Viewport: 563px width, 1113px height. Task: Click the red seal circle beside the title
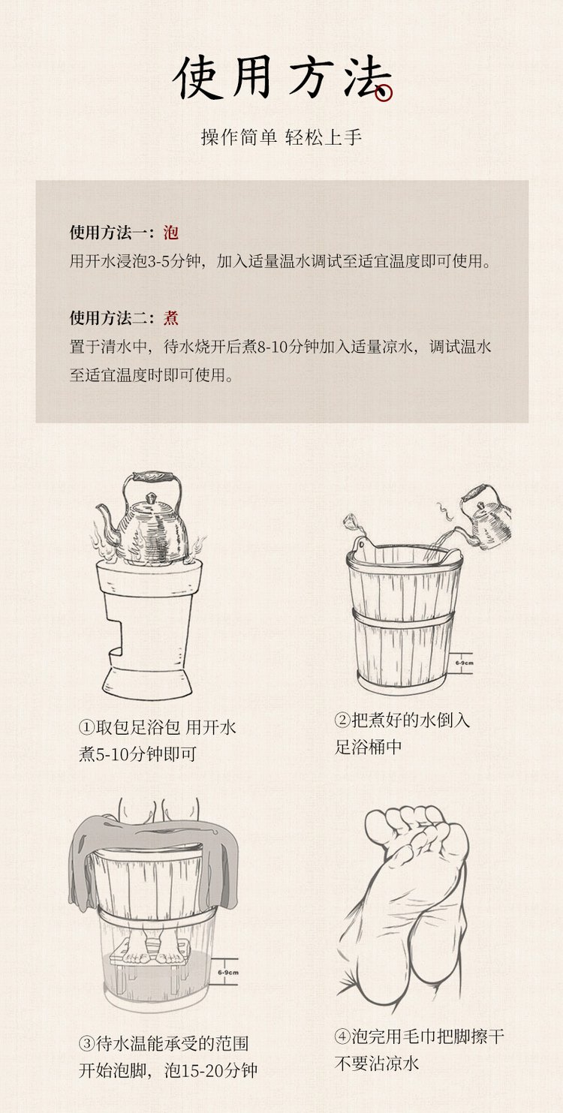tap(384, 93)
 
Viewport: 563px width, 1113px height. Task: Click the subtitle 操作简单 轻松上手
tap(281, 137)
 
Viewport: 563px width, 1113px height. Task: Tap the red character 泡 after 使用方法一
tap(171, 233)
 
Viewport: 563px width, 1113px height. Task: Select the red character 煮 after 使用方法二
tap(171, 318)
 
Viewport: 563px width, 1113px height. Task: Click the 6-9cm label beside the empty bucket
tap(464, 663)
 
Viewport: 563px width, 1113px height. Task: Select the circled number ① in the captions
tap(86, 727)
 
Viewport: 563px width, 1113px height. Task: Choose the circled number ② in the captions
tap(342, 720)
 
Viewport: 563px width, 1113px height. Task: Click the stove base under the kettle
tap(146, 631)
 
